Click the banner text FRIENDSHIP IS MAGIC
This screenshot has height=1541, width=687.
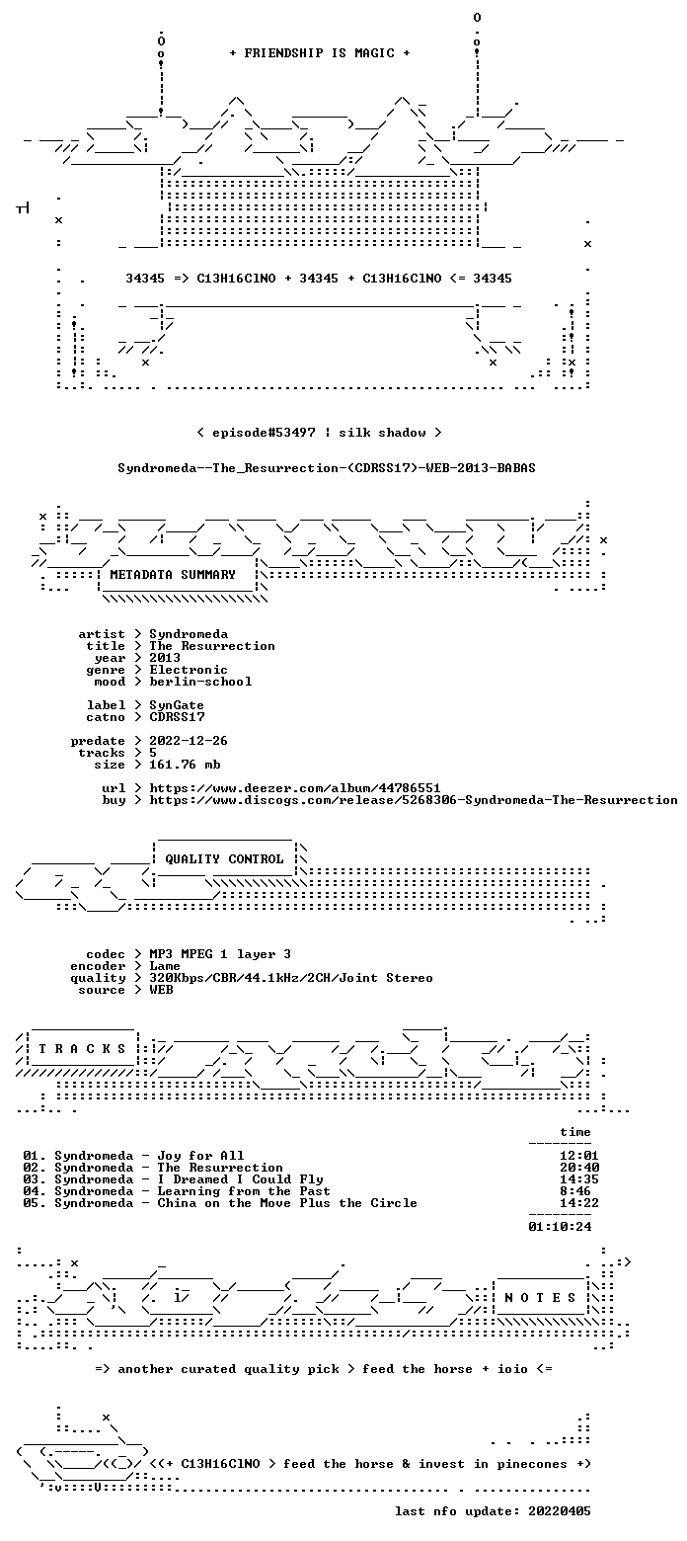coord(320,53)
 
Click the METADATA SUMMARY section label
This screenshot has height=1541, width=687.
coord(173,575)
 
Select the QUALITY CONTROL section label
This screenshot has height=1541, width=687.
coord(224,859)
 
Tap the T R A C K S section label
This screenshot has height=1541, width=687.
coord(82,1048)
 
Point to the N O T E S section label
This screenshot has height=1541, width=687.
coord(540,1297)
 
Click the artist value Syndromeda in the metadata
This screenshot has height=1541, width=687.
coord(189,634)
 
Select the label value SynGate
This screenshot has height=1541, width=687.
coord(177,705)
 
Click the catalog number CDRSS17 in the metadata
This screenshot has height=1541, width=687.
coord(177,717)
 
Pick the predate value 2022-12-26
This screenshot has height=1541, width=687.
coord(189,741)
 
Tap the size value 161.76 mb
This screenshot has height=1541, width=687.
coord(185,765)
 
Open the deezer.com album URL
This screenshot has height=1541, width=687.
coord(295,788)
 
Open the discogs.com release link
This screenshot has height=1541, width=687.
coord(414,800)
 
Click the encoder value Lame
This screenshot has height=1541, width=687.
coord(165,966)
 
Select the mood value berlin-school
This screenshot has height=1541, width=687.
coord(200,682)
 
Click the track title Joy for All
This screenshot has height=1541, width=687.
coord(200,1156)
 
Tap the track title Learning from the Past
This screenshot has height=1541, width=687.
coord(244,1191)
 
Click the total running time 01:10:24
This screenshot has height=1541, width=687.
coord(560,1227)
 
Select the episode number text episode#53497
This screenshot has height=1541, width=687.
coord(264,433)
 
